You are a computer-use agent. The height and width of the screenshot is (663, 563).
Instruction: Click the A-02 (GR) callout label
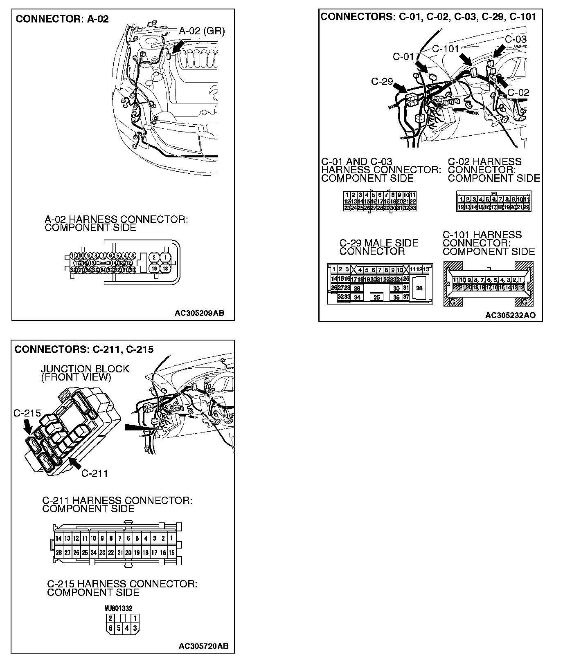tap(202, 31)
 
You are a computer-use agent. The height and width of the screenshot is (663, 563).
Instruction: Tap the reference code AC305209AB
tap(199, 313)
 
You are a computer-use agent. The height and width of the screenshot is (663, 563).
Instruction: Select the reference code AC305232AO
tap(510, 315)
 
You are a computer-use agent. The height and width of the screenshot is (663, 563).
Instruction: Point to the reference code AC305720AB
tap(203, 646)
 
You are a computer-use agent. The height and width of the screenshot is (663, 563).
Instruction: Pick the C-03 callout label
tap(516, 40)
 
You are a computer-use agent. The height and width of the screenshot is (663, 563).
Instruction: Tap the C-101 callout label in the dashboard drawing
tap(446, 49)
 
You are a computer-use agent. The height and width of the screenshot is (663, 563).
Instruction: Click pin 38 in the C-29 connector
tap(419, 289)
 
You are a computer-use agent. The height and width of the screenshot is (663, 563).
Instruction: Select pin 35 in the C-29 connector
tap(376, 298)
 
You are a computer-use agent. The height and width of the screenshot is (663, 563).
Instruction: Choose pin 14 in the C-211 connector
tap(59, 538)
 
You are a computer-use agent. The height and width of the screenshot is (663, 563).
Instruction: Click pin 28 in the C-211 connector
tap(59, 553)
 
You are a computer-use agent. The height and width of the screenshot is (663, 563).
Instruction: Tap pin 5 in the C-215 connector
tap(119, 627)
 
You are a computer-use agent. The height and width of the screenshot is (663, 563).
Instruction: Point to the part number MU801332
tap(119, 608)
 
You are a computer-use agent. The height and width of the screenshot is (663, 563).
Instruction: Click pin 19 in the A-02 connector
tap(153, 269)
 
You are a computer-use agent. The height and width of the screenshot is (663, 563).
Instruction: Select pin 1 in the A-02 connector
tap(165, 257)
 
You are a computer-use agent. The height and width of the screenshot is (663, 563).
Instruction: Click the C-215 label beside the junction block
tap(27, 413)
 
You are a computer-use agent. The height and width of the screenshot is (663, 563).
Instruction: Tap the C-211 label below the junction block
tap(95, 473)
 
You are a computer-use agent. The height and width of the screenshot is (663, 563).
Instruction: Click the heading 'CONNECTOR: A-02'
tap(62, 19)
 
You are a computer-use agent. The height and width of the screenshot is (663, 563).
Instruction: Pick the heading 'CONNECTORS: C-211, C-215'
tap(84, 349)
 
